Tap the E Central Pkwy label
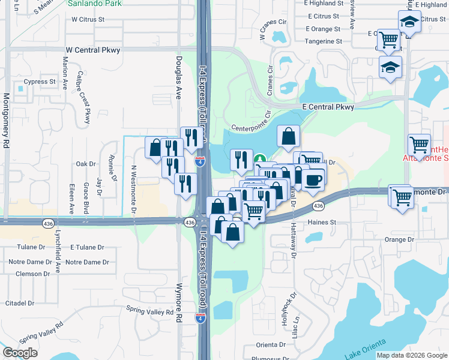pyautogui.click(x=328, y=107)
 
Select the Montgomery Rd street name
pyautogui.click(x=7, y=121)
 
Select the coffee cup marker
pyautogui.click(x=313, y=179)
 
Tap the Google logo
pyautogui.click(x=20, y=352)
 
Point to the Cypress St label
pyautogui.click(x=39, y=82)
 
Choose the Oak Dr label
pyautogui.click(x=86, y=164)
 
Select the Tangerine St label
pyautogui.click(x=323, y=41)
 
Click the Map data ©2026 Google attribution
pyautogui.click(x=412, y=355)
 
